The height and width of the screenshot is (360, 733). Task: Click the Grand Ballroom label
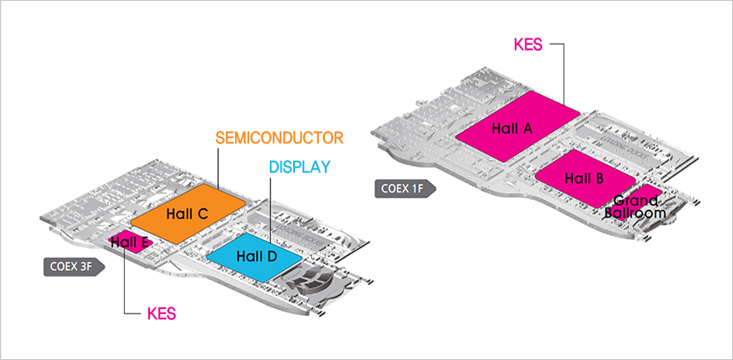pos(638,207)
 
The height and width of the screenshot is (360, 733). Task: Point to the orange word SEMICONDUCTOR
pos(279,137)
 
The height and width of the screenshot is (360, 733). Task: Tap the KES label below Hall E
pos(162,314)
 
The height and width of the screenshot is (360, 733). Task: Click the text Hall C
pos(187,214)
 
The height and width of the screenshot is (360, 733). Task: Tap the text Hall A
pos(511,128)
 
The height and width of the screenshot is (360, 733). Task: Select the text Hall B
pos(584,178)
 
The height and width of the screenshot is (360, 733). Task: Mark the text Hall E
pos(130,242)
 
